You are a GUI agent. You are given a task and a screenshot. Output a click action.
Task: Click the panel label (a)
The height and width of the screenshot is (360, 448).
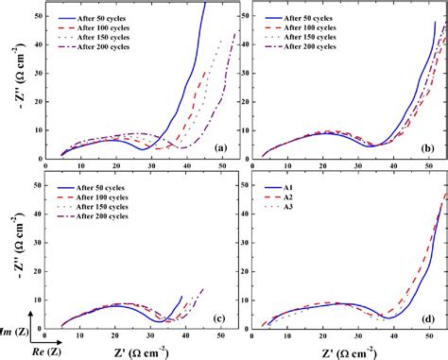pyautogui.click(x=220, y=147)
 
